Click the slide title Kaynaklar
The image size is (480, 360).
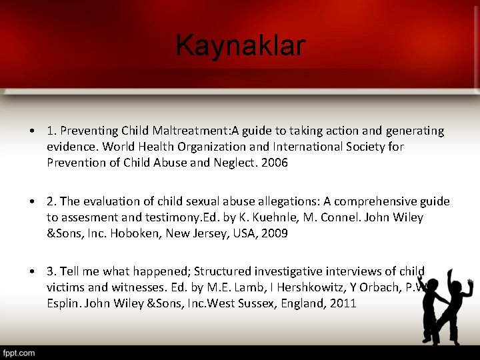point(241,46)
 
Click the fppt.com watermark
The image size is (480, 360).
point(19,352)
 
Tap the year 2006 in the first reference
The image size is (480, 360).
point(275,163)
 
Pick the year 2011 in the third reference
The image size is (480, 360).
point(343,303)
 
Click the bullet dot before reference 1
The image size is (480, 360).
point(32,131)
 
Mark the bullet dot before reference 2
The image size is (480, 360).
point(32,201)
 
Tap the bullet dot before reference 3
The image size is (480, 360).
point(32,271)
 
